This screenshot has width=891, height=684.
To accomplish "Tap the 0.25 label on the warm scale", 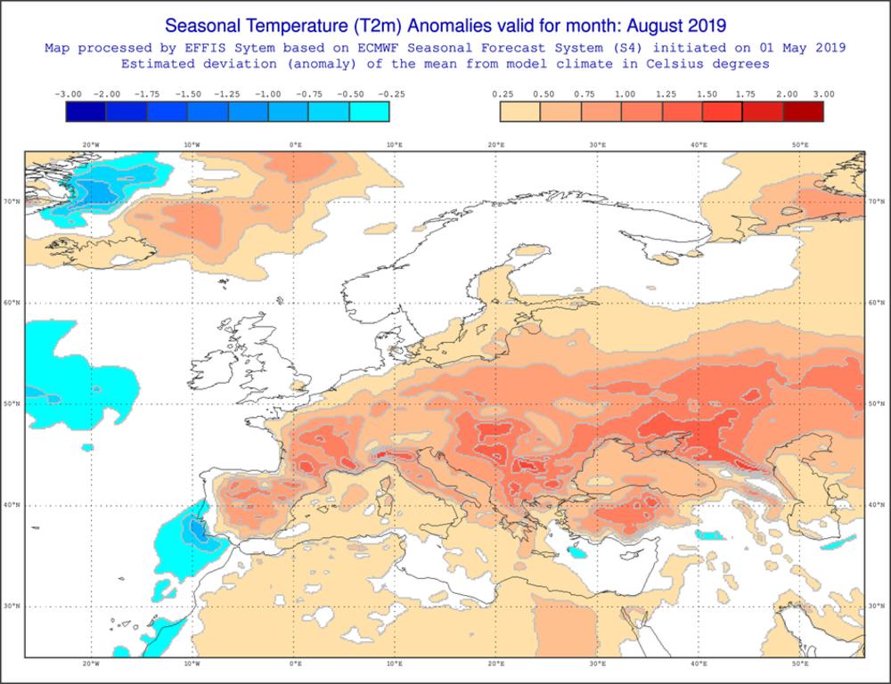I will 502,94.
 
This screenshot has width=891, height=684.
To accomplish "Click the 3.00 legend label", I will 824,94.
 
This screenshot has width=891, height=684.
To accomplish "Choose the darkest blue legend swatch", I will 86,111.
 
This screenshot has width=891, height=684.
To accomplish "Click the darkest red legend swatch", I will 803,111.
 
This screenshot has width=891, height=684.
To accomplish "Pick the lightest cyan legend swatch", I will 369,111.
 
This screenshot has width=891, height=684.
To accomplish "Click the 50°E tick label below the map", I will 800,664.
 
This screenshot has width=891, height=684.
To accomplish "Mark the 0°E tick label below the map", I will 295,664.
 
